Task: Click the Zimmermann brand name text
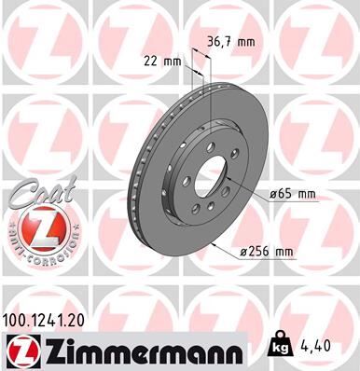tap(137, 352)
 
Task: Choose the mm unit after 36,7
tap(248, 42)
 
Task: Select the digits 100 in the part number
tap(17, 320)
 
